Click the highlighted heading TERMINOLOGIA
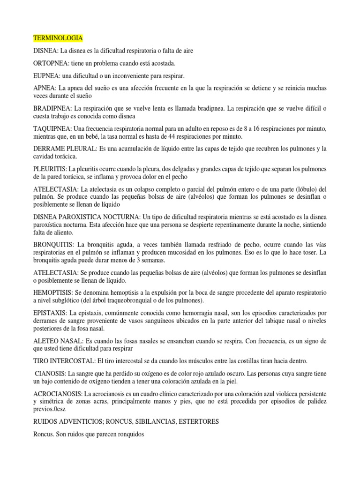[x=58, y=37]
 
